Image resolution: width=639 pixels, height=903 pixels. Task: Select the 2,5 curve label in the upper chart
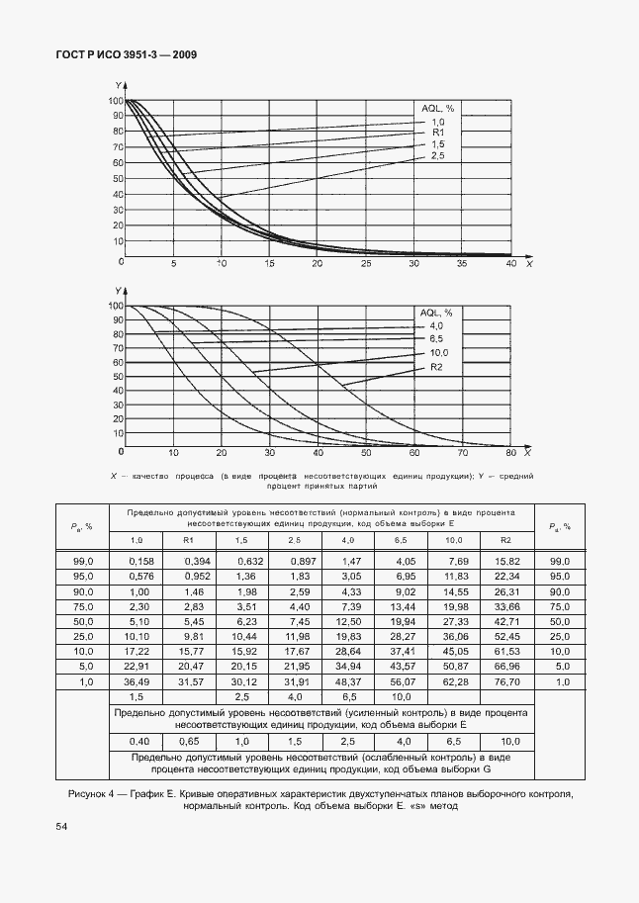[x=437, y=156]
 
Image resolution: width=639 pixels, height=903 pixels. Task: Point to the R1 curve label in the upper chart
[x=438, y=133]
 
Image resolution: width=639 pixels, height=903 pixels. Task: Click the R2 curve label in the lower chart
[x=436, y=368]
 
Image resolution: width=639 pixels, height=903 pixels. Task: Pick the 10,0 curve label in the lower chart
[x=438, y=353]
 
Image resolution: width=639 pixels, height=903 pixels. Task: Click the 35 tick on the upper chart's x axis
[x=462, y=264]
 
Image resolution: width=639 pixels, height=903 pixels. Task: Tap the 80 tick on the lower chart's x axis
[x=510, y=453]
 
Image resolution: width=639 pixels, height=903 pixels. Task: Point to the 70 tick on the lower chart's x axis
[x=462, y=453]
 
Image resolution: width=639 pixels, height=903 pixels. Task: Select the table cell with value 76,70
[x=507, y=681]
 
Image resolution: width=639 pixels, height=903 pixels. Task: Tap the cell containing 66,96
[x=507, y=667]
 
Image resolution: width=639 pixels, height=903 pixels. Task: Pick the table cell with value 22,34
[x=507, y=576]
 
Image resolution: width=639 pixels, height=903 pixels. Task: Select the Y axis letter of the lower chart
[x=118, y=291]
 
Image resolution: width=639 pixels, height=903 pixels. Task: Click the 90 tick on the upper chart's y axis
[x=117, y=116]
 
